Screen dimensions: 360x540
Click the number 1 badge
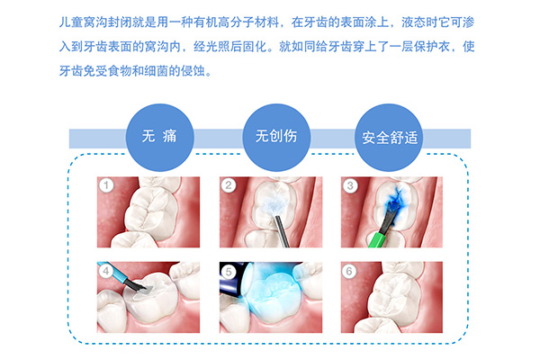coord(106,186)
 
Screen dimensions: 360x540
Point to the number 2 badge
coord(229,186)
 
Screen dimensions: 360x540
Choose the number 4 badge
coord(106,269)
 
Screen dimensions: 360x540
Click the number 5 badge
coord(229,269)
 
